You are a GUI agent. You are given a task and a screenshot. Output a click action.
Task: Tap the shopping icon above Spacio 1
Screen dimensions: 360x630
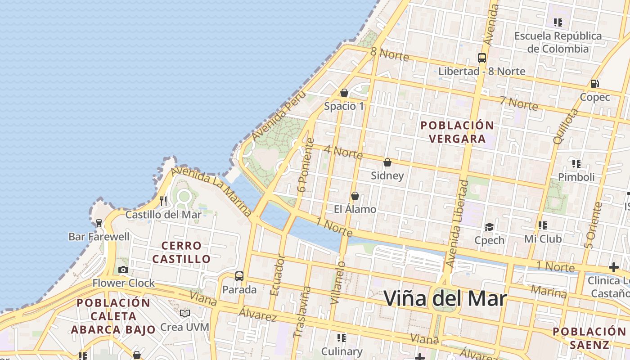click(x=344, y=93)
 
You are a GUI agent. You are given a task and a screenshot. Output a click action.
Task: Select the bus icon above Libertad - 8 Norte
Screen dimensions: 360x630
click(x=482, y=58)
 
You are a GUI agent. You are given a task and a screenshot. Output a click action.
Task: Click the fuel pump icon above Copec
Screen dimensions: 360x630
click(x=594, y=84)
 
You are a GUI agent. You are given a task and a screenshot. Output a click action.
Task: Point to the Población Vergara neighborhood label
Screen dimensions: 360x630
click(x=457, y=132)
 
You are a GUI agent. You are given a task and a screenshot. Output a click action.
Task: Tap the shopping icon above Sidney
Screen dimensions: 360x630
click(x=387, y=162)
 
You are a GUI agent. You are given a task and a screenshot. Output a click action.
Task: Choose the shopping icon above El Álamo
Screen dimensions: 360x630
click(x=355, y=196)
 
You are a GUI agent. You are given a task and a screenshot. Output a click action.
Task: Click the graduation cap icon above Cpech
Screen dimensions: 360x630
click(x=489, y=227)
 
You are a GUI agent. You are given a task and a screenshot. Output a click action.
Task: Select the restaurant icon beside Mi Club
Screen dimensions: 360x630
click(x=543, y=225)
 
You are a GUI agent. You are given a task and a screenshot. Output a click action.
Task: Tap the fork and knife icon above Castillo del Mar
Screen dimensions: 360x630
click(x=163, y=201)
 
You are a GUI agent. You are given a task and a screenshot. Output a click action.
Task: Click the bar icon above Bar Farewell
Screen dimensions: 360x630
click(x=99, y=223)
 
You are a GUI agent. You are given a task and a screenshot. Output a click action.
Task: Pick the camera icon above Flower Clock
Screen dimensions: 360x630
click(x=123, y=270)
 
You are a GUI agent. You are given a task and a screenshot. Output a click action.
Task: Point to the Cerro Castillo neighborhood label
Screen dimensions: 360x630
click(x=181, y=252)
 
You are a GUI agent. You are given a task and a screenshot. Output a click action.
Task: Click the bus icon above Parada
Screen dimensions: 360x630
click(x=239, y=276)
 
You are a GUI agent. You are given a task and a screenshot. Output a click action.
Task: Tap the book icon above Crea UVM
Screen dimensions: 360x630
click(x=185, y=313)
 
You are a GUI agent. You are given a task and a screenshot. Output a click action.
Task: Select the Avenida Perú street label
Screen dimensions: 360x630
click(x=279, y=116)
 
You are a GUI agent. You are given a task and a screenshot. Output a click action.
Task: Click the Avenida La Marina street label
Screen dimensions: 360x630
click(x=211, y=190)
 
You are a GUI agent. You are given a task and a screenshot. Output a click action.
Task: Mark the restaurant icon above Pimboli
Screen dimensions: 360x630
click(x=576, y=163)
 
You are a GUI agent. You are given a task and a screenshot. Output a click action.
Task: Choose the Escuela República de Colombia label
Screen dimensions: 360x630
click(x=558, y=42)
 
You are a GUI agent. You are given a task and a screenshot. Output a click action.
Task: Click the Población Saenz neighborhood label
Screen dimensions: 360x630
click(x=589, y=338)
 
